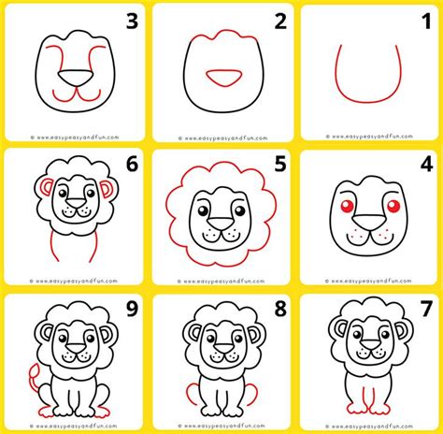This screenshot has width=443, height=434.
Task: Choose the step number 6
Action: tap(131, 165)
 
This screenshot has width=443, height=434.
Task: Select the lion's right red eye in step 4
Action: tap(392, 205)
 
